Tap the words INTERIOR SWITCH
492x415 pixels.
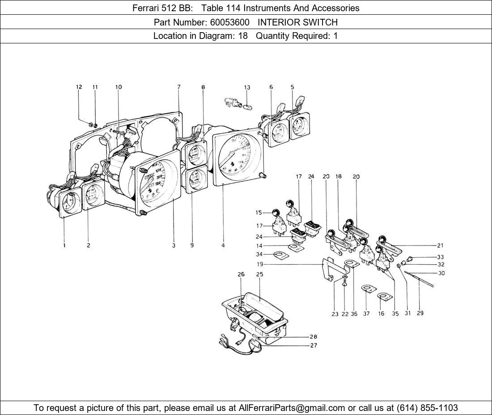click(297, 22)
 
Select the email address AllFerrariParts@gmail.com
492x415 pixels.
click(292, 408)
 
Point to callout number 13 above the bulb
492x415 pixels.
click(247, 88)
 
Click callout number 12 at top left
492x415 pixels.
click(79, 87)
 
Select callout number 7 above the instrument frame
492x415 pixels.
click(178, 87)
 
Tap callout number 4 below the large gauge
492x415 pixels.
click(223, 245)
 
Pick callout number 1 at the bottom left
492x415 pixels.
click(64, 245)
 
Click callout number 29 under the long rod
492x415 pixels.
click(420, 313)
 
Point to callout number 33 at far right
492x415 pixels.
click(441, 257)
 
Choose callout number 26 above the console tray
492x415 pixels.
click(241, 274)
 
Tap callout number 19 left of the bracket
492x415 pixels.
click(260, 264)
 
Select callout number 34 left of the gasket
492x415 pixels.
click(260, 254)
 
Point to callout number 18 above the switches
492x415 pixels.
click(339, 177)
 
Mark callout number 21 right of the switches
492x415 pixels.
click(441, 246)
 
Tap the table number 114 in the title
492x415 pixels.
click(210, 8)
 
